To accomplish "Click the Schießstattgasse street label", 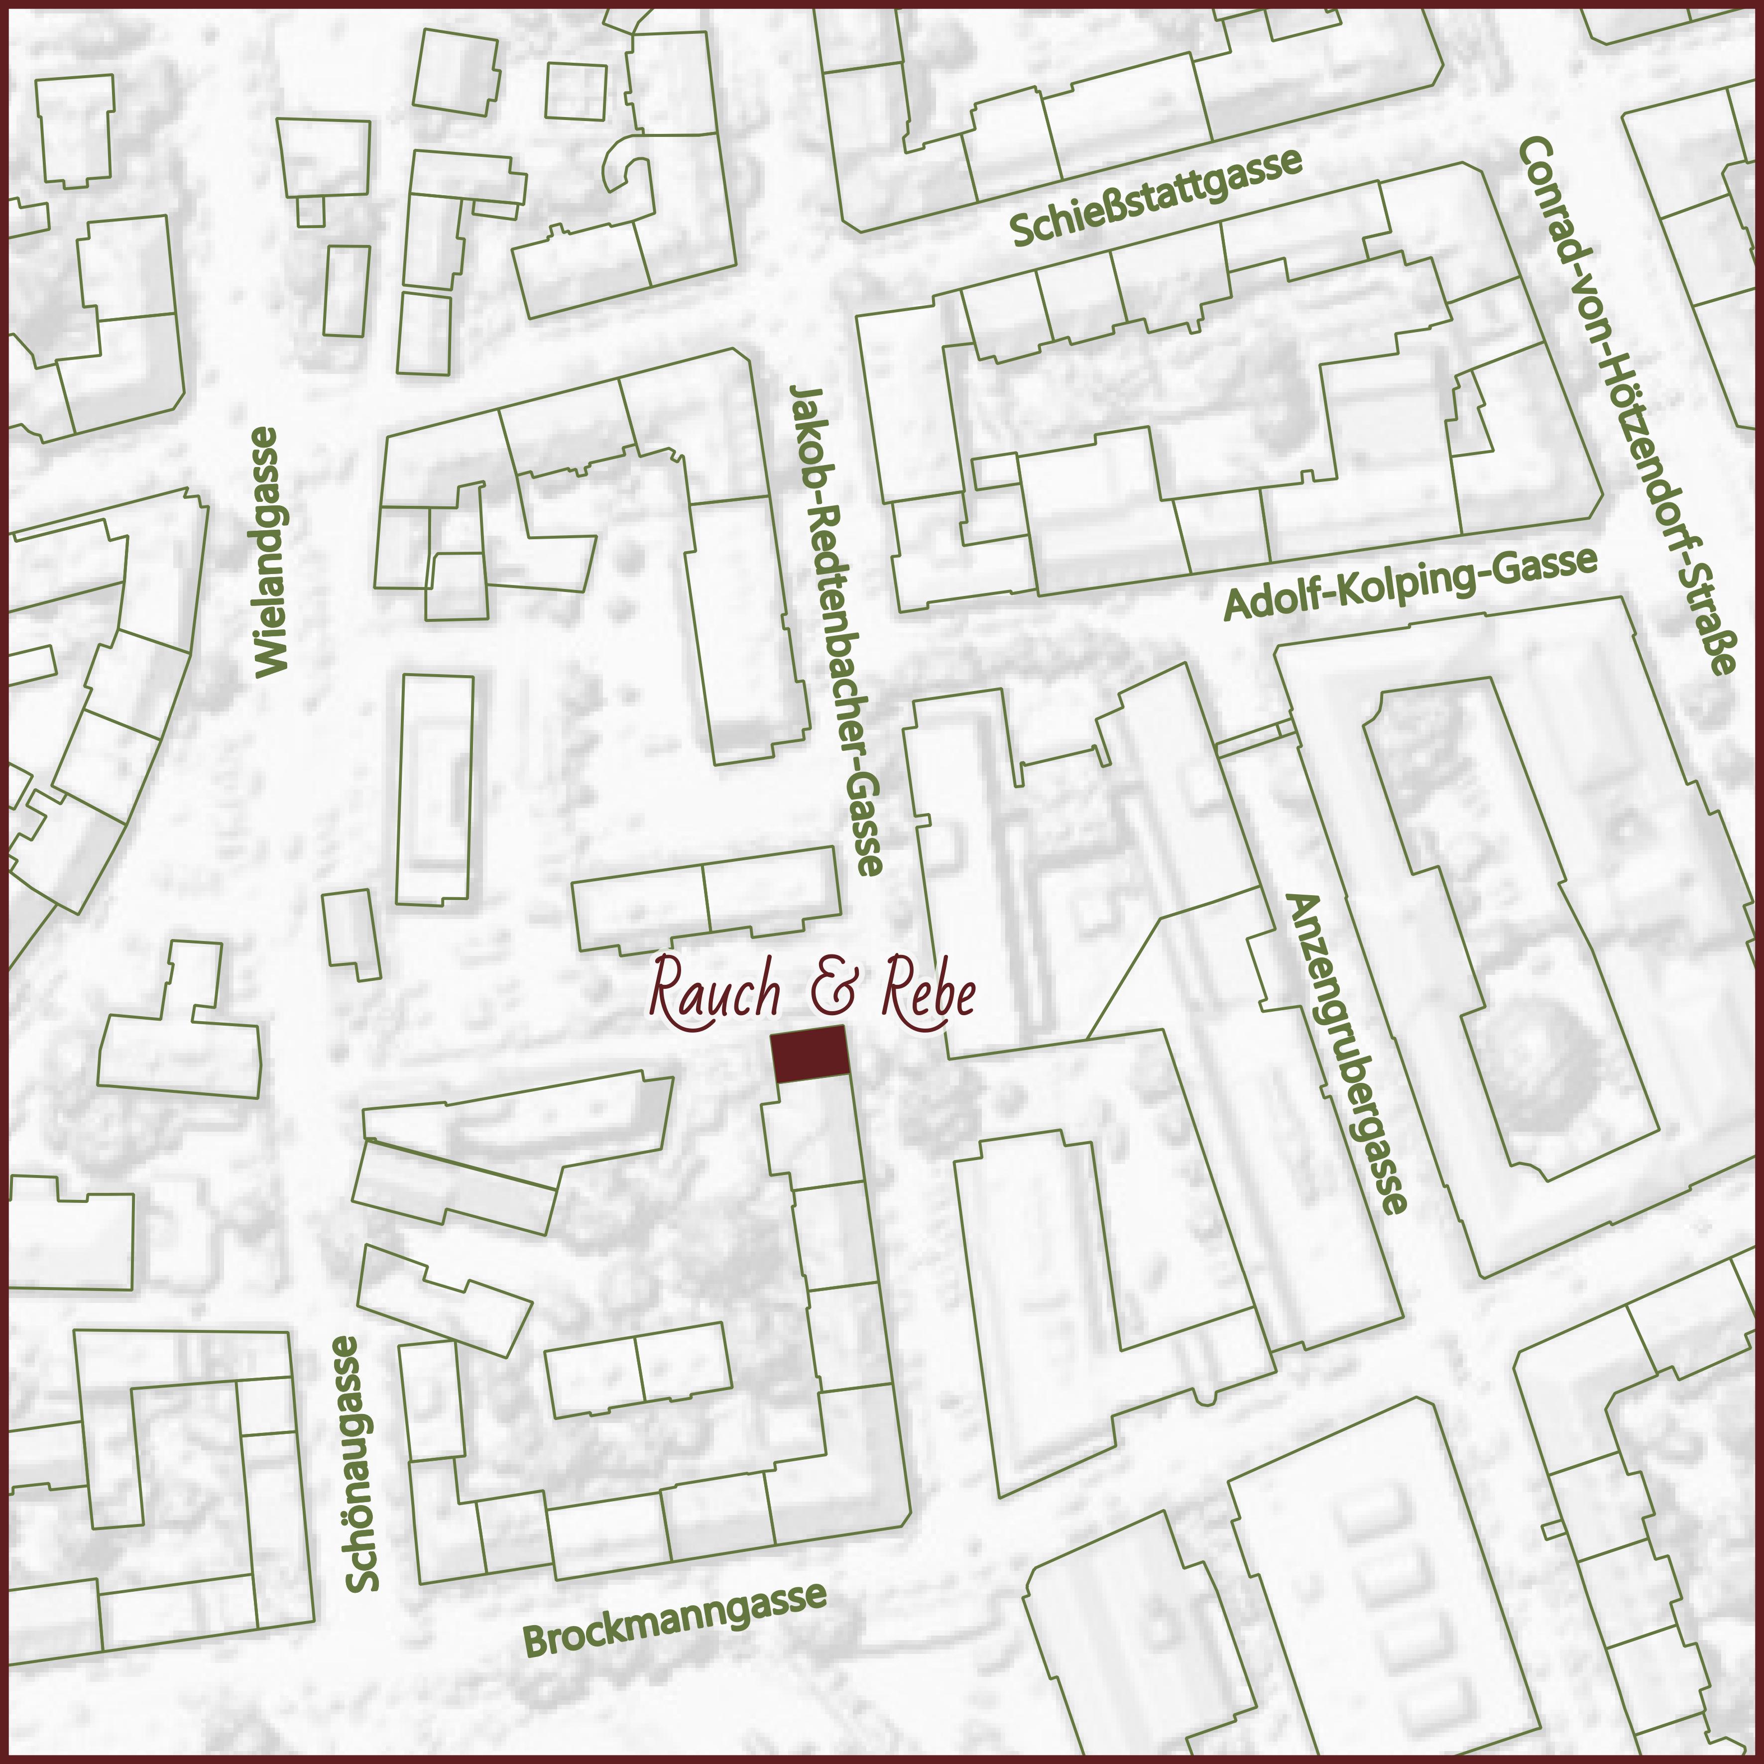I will [1156, 196].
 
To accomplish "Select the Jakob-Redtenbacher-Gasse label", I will [835, 629].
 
